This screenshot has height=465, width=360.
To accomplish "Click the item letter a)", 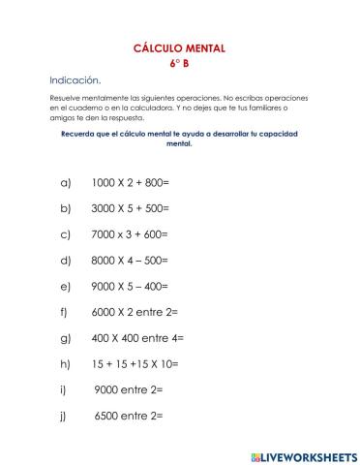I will (66, 182).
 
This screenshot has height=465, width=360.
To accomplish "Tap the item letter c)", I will (66, 234).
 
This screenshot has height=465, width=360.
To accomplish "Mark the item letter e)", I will (66, 287).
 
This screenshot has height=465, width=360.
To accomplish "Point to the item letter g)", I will (66, 338).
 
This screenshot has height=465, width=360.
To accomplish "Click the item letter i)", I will (64, 390).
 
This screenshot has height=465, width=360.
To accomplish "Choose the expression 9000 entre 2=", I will (129, 390).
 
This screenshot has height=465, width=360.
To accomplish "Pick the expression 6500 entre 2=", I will (129, 417).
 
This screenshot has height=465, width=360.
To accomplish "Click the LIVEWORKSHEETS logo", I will (303, 455).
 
